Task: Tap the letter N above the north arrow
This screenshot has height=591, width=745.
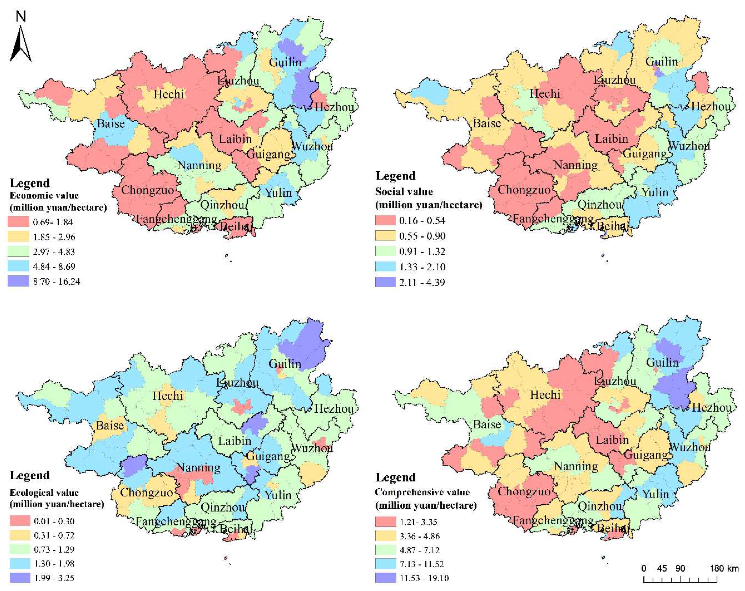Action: [x=21, y=16]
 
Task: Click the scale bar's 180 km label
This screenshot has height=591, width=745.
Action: [x=724, y=568]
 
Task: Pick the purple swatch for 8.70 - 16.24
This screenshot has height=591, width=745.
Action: [x=18, y=281]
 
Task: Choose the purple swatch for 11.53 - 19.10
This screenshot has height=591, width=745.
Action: [x=385, y=578]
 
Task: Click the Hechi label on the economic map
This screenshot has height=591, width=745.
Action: [x=169, y=94]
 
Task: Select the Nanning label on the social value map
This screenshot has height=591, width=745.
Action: [x=575, y=165]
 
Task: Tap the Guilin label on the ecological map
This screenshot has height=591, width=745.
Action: [x=285, y=364]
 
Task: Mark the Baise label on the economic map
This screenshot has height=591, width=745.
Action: [x=111, y=123]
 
